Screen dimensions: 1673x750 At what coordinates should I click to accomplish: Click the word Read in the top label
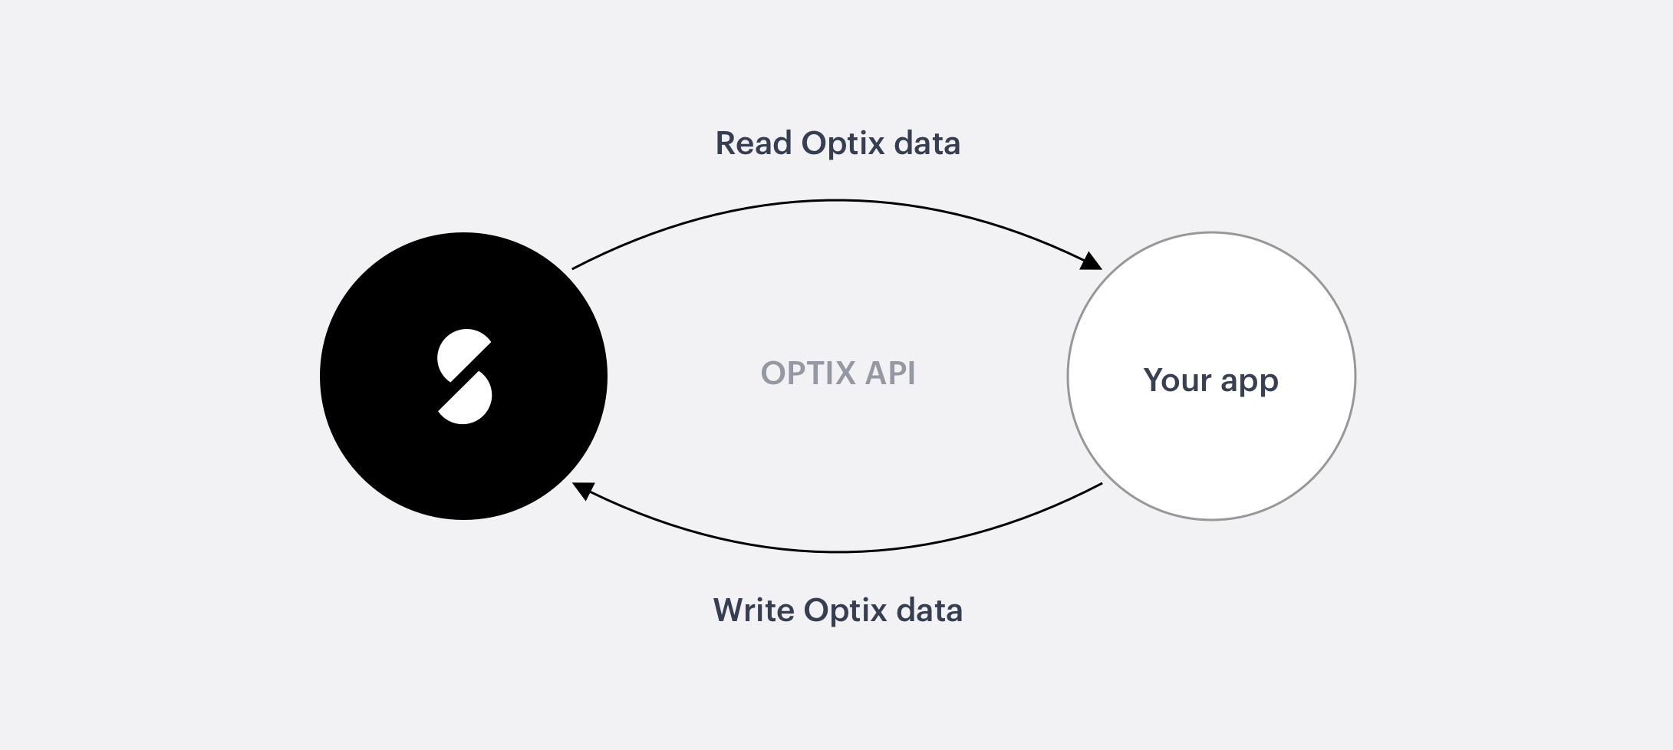point(754,143)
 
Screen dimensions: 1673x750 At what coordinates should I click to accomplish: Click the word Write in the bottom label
point(754,610)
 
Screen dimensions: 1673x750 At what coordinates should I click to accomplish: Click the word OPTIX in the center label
point(809,373)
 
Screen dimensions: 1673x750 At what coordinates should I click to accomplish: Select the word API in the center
point(891,373)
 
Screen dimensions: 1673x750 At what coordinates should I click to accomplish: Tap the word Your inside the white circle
point(1177,380)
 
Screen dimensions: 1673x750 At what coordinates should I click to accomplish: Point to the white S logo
point(464,377)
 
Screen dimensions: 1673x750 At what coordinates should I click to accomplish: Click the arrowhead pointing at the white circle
point(1092,262)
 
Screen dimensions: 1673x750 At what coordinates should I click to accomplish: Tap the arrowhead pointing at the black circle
point(583,490)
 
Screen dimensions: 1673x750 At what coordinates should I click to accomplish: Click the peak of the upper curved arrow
point(836,200)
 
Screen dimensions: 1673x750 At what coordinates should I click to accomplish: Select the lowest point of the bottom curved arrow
point(838,551)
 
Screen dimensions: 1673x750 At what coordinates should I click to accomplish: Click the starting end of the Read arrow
point(573,268)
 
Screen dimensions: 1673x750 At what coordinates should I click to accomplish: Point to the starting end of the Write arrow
point(1102,484)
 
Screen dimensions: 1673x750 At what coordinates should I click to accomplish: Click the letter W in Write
point(730,610)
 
